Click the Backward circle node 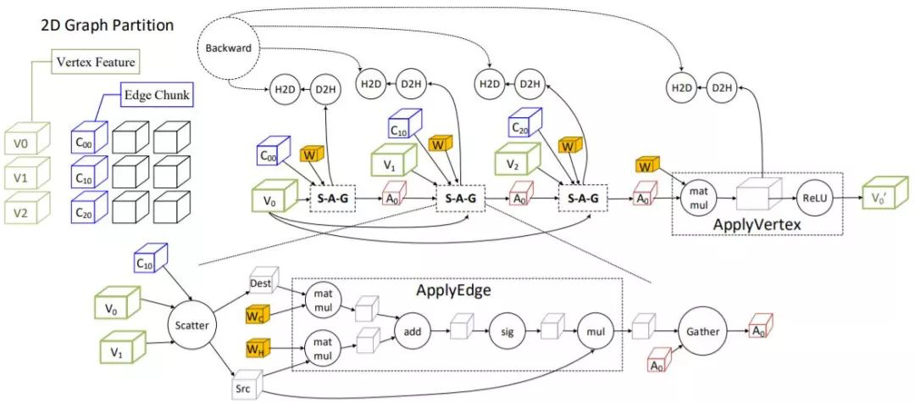tap(229, 48)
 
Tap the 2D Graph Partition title tap(108, 25)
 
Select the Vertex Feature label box tap(95, 62)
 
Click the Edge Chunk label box tap(158, 94)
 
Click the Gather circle tap(699, 332)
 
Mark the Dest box tap(260, 283)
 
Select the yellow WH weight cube tap(257, 349)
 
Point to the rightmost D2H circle tap(721, 87)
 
